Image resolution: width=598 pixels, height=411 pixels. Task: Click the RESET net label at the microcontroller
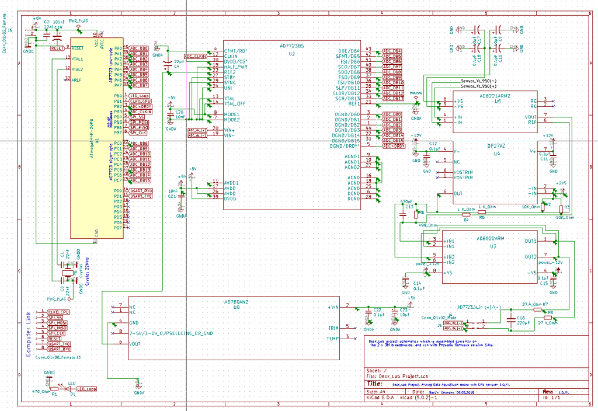[x=58, y=48]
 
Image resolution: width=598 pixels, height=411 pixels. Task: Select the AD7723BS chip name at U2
[x=291, y=45]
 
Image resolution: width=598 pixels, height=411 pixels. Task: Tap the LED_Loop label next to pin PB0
[x=139, y=96]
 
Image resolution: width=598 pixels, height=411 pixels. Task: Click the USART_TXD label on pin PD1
[x=141, y=196]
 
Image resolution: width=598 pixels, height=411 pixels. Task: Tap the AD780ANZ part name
[x=237, y=302]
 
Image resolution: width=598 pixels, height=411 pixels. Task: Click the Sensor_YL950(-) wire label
[x=478, y=81]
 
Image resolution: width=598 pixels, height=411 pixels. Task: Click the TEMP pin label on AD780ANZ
[x=332, y=339]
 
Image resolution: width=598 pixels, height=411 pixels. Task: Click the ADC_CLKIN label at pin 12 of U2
[x=195, y=55]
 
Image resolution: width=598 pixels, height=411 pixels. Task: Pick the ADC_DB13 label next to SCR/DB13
[x=392, y=98]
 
